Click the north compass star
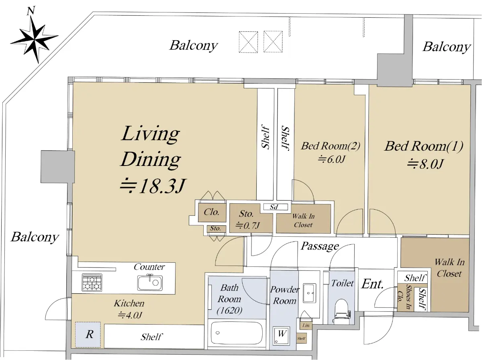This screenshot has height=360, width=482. point(34,40)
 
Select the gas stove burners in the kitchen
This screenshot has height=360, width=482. point(92,283)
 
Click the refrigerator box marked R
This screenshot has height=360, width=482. point(88,335)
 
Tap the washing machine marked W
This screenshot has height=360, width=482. point(281,335)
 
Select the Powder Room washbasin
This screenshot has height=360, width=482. point(309,293)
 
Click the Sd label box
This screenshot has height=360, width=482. point(276,207)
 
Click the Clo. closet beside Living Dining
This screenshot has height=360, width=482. point(212,213)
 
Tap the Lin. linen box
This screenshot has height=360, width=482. point(306,325)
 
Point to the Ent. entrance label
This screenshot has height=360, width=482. point(372,284)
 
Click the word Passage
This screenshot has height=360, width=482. point(320,246)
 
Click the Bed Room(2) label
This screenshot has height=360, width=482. point(331,146)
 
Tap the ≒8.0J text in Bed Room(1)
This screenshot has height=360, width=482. point(425,164)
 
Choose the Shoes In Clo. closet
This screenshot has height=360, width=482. point(406,297)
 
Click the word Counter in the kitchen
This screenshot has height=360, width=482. point(149,267)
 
